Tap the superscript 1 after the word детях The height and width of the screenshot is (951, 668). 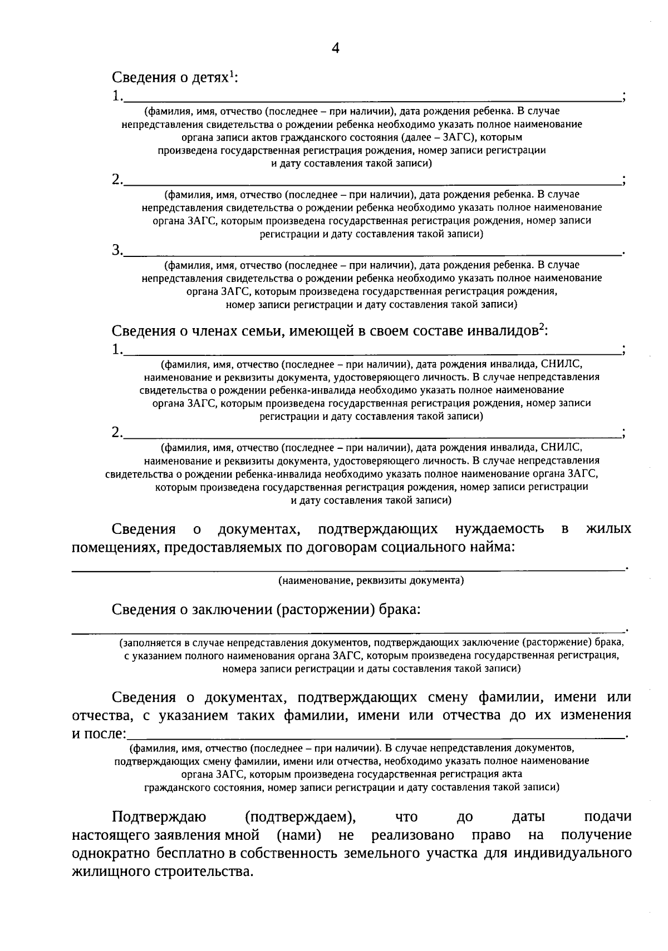(x=232, y=73)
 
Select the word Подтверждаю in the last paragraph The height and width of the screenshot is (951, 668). (x=159, y=817)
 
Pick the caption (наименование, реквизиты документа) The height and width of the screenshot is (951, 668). (x=371, y=581)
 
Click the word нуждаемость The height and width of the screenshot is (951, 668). (x=500, y=529)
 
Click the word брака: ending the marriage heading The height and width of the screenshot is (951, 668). (x=400, y=610)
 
